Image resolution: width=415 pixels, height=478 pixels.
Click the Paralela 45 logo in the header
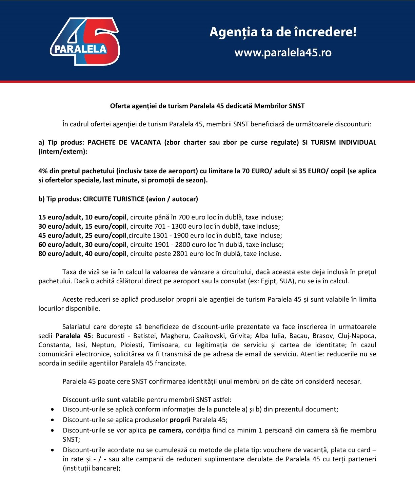[x=85, y=41]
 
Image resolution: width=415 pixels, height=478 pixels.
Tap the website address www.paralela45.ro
[x=283, y=53]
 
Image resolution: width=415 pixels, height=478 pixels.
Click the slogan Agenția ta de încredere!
[x=283, y=32]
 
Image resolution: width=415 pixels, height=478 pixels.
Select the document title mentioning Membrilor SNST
[x=207, y=106]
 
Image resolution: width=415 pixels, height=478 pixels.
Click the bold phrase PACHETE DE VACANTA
[x=124, y=142]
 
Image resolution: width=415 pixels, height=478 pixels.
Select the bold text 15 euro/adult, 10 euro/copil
[x=82, y=217]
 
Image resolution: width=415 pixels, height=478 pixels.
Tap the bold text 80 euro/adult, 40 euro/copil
[x=82, y=254]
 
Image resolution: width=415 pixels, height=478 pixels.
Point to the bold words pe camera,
[x=166, y=430]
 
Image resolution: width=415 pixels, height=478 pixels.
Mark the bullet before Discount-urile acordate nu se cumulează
[x=52, y=450]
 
